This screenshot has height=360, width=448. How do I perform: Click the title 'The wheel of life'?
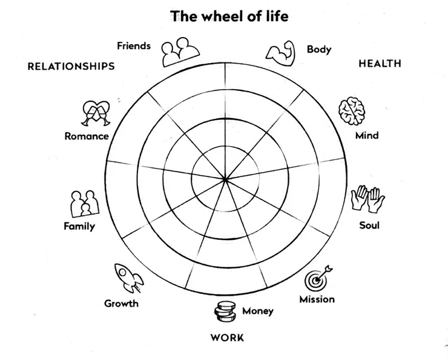pos(229,16)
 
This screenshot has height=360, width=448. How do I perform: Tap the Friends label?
pos(133,46)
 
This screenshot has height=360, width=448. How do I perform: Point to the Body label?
pos(319,49)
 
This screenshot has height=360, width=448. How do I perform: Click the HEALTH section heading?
pos(380,64)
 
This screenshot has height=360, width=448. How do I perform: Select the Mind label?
pos(367,135)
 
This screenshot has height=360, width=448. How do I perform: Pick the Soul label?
pos(369,225)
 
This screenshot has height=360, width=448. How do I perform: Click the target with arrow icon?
pos(318,278)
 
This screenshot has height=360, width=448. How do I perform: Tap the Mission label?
pos(317,299)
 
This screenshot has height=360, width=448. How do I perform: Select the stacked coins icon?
pos(225,313)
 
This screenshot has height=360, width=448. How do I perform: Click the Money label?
pos(258,312)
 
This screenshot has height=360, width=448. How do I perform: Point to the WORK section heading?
pos(227,338)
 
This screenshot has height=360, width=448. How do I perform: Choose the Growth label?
pos(121,303)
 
